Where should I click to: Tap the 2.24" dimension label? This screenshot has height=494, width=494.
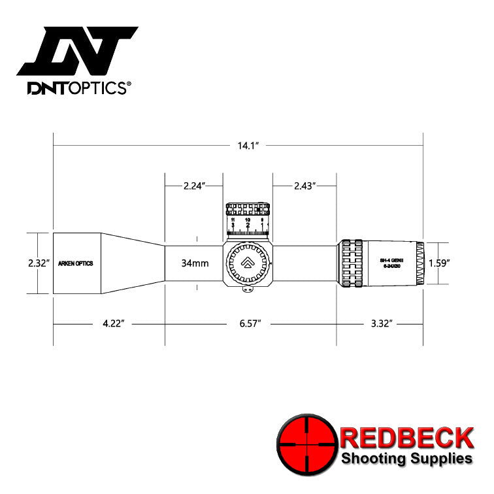coord(193,186)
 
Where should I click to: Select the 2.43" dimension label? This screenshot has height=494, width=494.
coord(304,186)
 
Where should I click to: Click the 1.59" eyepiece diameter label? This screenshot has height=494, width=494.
coord(439,263)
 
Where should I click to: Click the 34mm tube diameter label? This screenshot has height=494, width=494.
coord(195,263)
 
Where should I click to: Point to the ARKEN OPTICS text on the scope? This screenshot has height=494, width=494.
coord(76,263)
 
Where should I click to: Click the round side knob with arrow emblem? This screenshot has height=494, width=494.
coord(248,264)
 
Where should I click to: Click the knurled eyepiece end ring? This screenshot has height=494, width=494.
coord(420,263)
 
